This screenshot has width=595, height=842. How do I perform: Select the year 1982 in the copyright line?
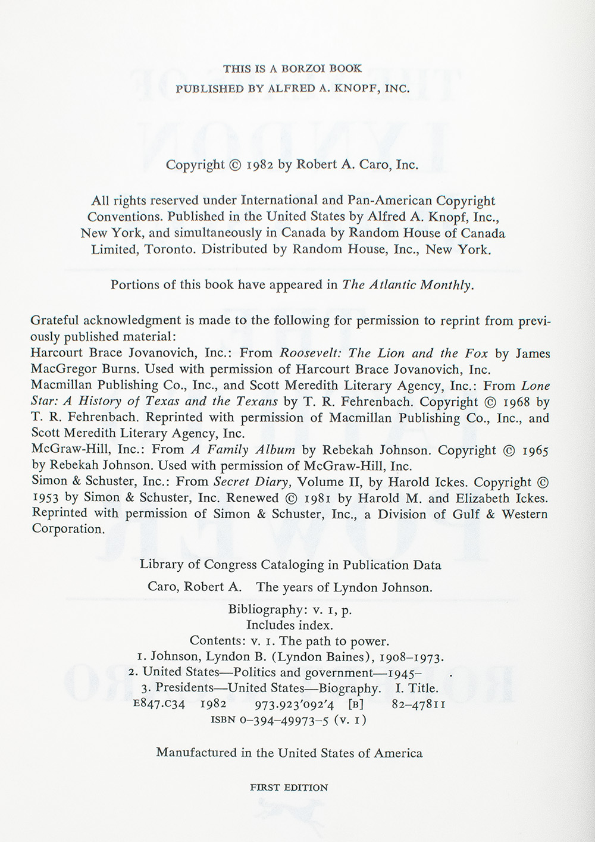259,165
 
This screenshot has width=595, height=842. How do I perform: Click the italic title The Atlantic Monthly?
408,284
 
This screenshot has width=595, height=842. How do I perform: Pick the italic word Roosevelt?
312,353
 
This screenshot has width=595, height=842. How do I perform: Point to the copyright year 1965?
534,450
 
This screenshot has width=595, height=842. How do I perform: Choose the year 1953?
45,498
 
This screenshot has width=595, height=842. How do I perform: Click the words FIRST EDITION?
289,787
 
